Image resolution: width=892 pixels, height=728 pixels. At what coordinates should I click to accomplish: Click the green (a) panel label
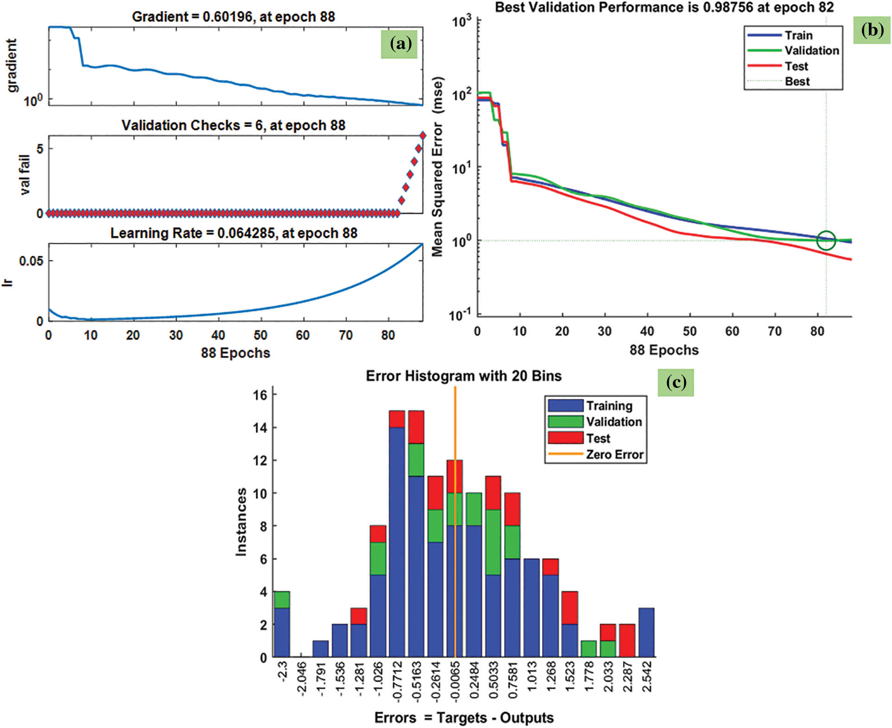coord(399,44)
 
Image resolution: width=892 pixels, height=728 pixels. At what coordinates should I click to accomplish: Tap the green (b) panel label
coord(872,30)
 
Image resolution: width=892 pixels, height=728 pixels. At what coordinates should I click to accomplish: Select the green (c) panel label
coord(676,382)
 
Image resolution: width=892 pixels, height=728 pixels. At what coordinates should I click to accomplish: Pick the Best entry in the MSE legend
coord(797,82)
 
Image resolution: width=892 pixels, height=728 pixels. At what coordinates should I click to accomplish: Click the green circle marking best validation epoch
coord(826,241)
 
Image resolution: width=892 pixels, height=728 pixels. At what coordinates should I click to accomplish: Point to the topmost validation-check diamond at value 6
coord(423,136)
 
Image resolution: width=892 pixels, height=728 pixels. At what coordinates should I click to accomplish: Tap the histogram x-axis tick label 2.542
coord(647,677)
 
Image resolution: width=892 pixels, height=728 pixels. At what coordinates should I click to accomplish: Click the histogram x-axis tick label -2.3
coord(282,671)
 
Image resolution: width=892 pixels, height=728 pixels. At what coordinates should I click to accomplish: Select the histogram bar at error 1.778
coord(588,649)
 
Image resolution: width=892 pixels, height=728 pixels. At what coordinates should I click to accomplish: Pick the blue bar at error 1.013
coord(531,608)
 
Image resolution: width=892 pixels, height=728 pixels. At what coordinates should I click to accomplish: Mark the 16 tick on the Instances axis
coord(260,395)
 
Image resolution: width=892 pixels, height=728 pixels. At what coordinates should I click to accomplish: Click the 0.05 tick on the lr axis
coord(31,261)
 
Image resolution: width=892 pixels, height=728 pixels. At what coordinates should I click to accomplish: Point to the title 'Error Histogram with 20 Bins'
coord(463,376)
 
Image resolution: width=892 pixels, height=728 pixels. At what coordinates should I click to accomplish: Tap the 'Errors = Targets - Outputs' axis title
coord(464,718)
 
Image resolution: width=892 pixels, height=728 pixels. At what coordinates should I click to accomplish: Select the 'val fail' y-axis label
coord(25,175)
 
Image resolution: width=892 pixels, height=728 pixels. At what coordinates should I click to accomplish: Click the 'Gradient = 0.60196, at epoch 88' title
coord(233,17)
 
